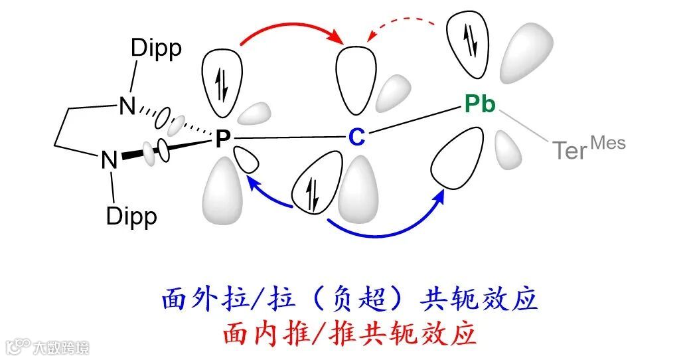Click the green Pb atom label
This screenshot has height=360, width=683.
click(479, 104)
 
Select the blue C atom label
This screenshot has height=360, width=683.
click(357, 137)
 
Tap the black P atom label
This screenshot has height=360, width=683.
click(223, 138)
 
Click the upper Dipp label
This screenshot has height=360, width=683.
click(156, 49)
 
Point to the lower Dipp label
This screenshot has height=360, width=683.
click(131, 216)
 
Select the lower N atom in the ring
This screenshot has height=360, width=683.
click(109, 160)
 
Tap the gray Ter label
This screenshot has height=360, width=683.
click(569, 151)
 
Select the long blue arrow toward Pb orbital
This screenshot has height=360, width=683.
click(385, 229)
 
